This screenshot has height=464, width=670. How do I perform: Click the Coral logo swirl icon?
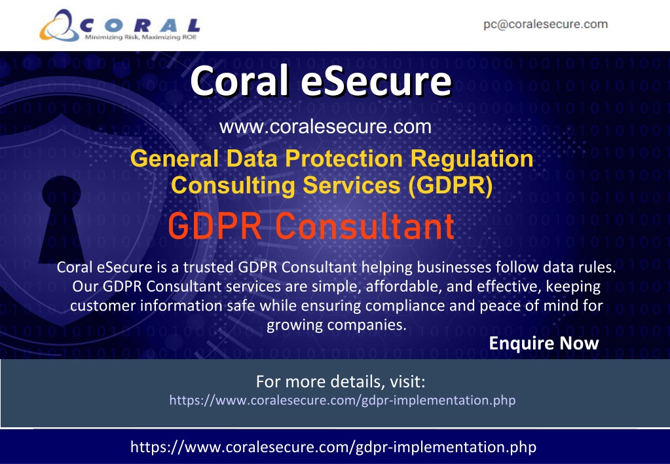(x=60, y=26)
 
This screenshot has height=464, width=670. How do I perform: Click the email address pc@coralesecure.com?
(x=546, y=24)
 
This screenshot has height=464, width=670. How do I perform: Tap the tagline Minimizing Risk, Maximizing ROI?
(x=141, y=37)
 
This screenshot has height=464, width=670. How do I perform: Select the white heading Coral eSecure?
(x=321, y=81)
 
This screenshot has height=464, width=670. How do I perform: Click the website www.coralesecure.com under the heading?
(x=325, y=126)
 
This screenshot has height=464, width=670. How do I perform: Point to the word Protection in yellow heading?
(x=344, y=158)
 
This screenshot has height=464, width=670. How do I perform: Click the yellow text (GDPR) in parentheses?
(x=451, y=185)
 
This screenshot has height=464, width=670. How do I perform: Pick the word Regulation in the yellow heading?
(x=472, y=159)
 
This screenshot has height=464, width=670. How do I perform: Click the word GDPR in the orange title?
(x=215, y=226)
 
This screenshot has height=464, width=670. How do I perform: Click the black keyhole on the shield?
(x=62, y=220)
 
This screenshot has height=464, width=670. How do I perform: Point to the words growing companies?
(x=336, y=325)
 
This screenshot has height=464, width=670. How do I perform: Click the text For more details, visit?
(x=341, y=381)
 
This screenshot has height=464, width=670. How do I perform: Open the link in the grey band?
(x=343, y=400)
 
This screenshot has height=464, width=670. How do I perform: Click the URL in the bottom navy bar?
(x=333, y=447)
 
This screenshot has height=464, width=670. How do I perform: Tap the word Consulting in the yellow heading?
(x=233, y=185)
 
